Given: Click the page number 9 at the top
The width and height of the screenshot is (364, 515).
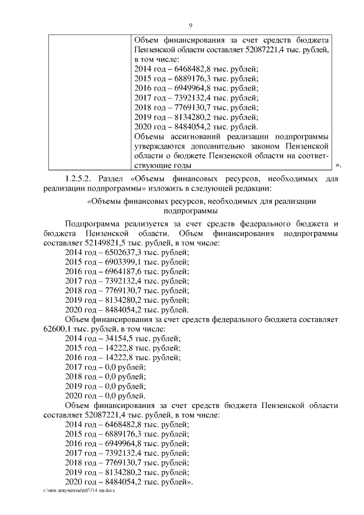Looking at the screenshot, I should pyautogui.click(x=191, y=25).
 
